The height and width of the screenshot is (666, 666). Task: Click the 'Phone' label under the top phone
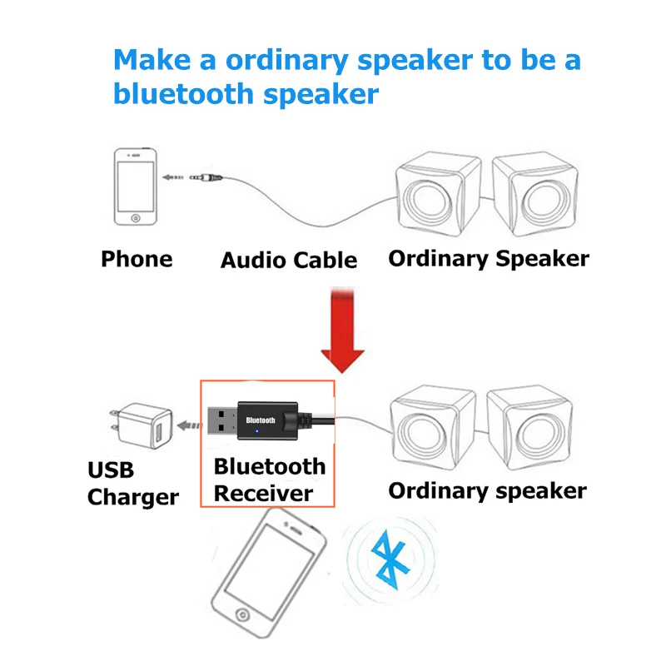(137, 259)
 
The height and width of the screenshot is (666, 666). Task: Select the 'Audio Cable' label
(289, 261)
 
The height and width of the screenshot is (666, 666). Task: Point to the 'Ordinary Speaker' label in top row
(489, 258)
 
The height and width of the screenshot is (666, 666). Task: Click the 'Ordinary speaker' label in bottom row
(487, 490)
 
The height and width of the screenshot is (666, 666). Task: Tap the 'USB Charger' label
(132, 484)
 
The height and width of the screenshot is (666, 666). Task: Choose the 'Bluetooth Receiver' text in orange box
(268, 480)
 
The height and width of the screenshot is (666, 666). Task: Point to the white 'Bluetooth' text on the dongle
(261, 420)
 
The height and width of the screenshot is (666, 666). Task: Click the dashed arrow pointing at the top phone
(173, 177)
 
